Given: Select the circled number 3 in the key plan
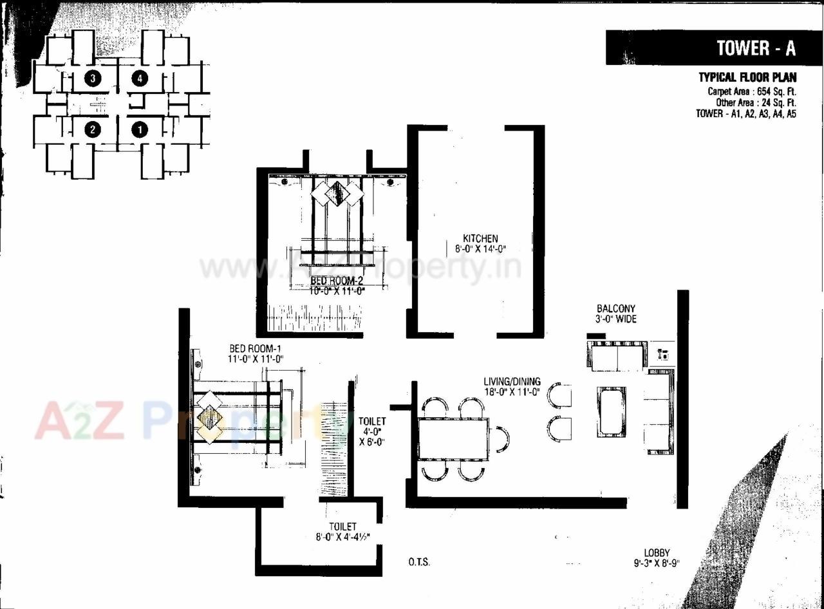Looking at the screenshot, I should click(x=94, y=79).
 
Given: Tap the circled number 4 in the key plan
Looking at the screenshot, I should click(x=140, y=79).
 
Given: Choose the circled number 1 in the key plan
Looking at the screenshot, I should click(x=140, y=129).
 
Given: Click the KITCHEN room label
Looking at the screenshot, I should click(x=480, y=238).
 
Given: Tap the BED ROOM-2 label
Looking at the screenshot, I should click(x=337, y=281).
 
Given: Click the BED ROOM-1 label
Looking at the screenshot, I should click(x=256, y=348).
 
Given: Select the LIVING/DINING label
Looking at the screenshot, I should click(x=512, y=381).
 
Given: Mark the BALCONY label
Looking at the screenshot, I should click(x=616, y=308).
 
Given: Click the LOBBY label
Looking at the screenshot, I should click(x=657, y=552).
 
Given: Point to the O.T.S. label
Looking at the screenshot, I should click(x=418, y=562).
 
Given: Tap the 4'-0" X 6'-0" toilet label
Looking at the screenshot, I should click(x=371, y=432).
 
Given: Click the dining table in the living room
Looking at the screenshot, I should click(x=453, y=438).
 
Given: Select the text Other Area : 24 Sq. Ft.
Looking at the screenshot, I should click(x=756, y=102).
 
